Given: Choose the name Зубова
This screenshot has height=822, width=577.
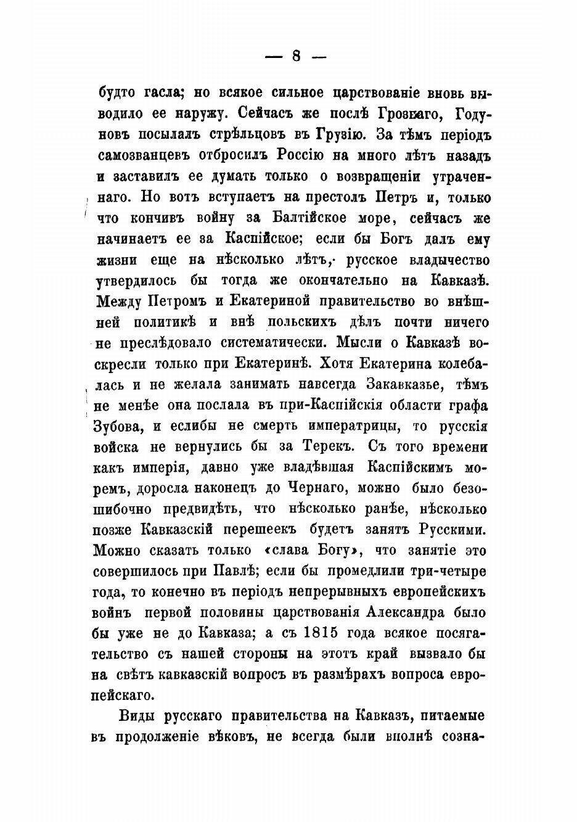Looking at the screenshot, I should [122, 427].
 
